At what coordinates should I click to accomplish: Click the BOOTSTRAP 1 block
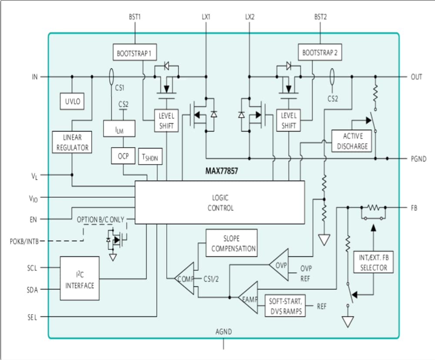point(134,54)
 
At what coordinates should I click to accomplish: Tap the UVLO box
point(72,102)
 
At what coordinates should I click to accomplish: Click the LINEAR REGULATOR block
point(72,142)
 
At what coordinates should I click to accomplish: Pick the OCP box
point(123,156)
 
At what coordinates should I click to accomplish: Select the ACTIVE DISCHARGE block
point(352,141)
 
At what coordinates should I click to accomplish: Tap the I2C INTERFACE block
point(80,279)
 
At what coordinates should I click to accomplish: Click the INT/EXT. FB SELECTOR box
point(374,262)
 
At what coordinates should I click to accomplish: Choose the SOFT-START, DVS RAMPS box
point(285,306)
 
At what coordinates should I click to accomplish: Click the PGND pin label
point(419,158)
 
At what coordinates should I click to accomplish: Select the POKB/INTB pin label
point(24,241)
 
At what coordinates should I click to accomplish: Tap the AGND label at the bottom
point(224,332)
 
